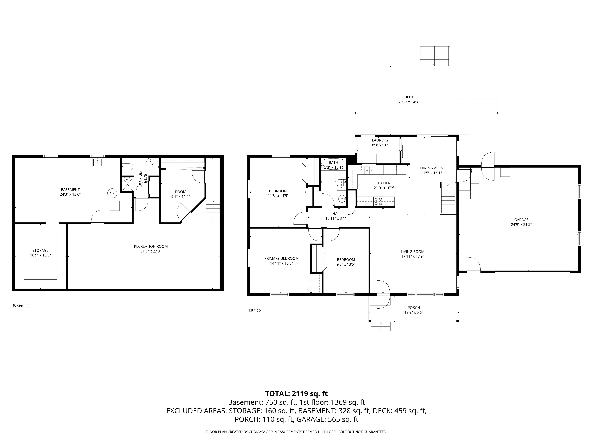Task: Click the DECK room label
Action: coord(409,97)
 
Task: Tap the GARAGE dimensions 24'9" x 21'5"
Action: coord(521,225)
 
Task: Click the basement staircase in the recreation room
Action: coord(213,211)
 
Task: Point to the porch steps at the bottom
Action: coord(381,326)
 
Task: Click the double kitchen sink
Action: coord(369,170)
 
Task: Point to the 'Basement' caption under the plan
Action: coord(21,306)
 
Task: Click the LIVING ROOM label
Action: coord(413,252)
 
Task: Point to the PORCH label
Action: coord(414,308)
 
